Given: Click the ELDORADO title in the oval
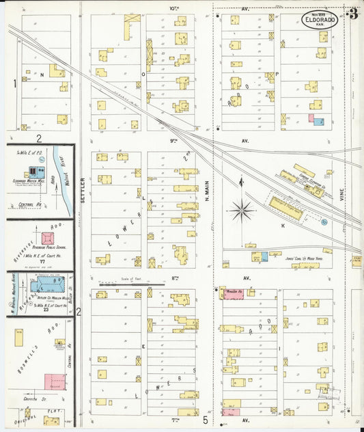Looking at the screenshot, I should pyautogui.click(x=320, y=21).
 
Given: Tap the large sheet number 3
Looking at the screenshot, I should pyautogui.click(x=353, y=14).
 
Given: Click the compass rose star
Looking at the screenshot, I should pyautogui.click(x=242, y=211).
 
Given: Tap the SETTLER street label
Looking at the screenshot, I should pyautogui.click(x=83, y=189).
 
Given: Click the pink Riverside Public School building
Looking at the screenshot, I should pyautogui.click(x=48, y=239).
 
